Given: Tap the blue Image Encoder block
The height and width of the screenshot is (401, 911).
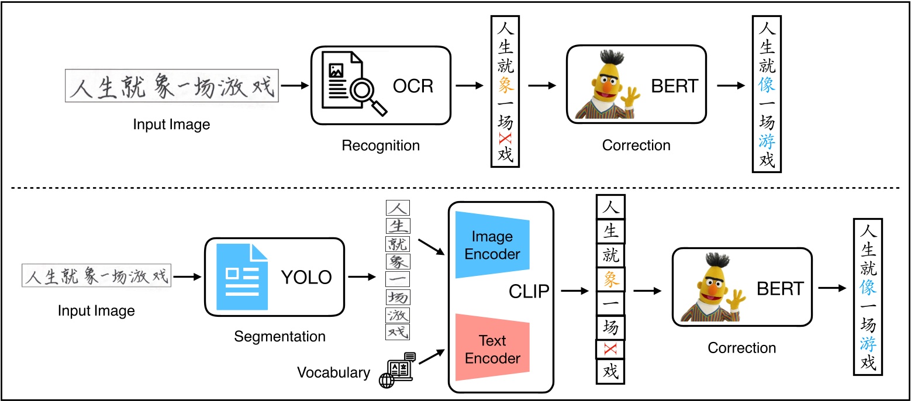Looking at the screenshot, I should (x=492, y=245).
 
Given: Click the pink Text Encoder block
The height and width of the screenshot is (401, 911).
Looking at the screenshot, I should (x=492, y=349).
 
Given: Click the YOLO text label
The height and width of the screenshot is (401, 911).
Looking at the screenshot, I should (x=306, y=276).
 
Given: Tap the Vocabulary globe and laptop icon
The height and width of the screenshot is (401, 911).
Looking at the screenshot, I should (x=397, y=370).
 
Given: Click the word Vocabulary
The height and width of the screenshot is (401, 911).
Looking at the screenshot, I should (x=333, y=372).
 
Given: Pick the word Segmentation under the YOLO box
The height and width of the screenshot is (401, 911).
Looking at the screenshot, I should (x=279, y=336).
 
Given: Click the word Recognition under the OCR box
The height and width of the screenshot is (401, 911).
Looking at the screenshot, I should (x=381, y=145).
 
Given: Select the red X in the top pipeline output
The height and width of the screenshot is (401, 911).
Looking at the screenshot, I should (x=505, y=139).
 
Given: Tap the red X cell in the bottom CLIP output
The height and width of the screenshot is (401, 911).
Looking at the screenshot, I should (x=610, y=349).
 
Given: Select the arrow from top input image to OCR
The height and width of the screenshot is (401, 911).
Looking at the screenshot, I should (x=295, y=86).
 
